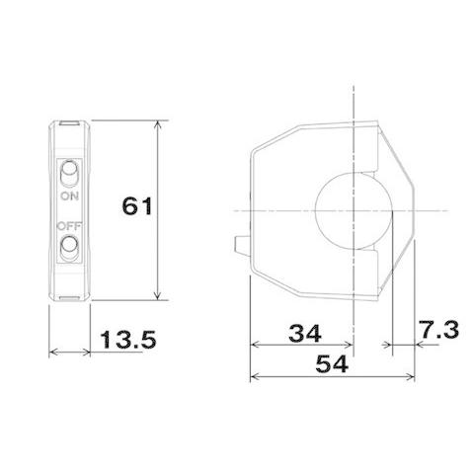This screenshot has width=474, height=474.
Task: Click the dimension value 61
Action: pos(137,206)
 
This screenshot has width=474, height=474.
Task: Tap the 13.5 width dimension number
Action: pos(128,340)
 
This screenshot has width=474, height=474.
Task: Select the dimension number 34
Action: pos(305,333)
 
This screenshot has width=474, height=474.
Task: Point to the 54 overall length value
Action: pos(332,364)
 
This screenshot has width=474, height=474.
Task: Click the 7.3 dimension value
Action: pos(439,330)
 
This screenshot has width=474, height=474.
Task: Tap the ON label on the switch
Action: pos(69,197)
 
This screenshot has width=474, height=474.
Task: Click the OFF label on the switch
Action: pos(69,226)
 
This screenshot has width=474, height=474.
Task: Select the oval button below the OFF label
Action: pos(69,247)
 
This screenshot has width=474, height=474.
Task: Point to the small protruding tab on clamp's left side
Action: pos(242,244)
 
